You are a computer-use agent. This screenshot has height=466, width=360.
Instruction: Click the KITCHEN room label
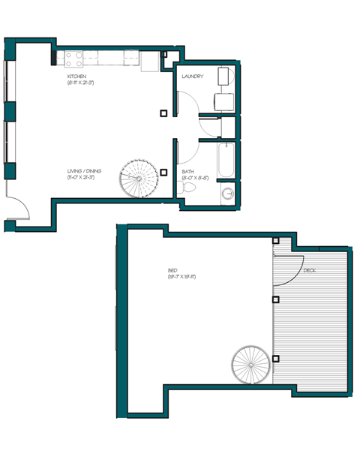tap(77, 77)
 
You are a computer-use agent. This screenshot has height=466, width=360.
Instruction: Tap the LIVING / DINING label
tap(83, 171)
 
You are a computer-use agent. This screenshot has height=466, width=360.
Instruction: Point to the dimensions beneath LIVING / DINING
tap(84, 178)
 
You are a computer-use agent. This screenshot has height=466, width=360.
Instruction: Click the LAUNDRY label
tap(193, 76)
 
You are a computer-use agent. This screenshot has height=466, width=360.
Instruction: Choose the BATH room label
tap(187, 171)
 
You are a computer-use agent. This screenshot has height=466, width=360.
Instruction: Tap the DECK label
tap(310, 270)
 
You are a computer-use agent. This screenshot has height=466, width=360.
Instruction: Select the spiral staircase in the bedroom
tap(250, 364)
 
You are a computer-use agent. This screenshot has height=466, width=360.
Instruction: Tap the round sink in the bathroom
tap(227, 194)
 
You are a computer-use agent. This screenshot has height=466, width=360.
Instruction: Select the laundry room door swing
tap(188, 105)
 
